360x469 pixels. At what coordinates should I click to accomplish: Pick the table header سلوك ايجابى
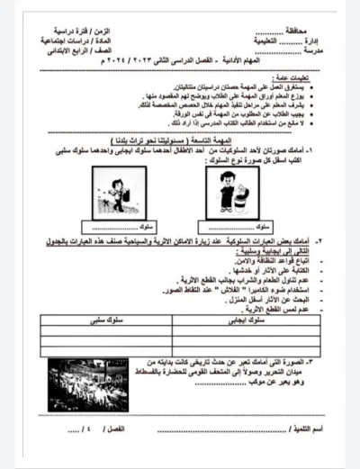250,320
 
